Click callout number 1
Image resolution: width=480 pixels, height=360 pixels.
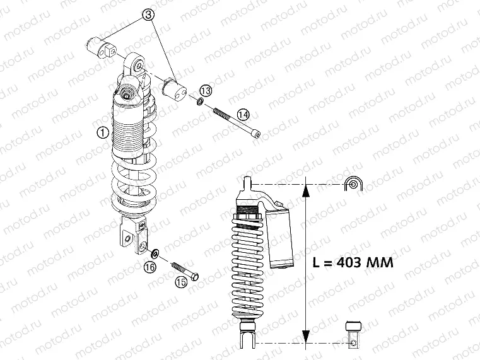click(101, 132)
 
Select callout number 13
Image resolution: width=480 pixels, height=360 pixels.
click(206, 90)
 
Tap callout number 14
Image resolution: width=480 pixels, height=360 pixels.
click(243, 113)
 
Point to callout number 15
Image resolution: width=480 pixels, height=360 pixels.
click(181, 283)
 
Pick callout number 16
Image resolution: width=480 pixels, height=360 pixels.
click(149, 267)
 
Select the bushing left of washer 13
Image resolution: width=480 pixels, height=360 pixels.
click(173, 88)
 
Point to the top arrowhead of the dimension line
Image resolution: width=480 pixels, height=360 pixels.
click(306, 189)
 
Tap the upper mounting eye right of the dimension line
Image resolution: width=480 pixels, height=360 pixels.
click(353, 184)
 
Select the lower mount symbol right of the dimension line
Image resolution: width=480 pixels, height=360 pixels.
click(354, 334)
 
